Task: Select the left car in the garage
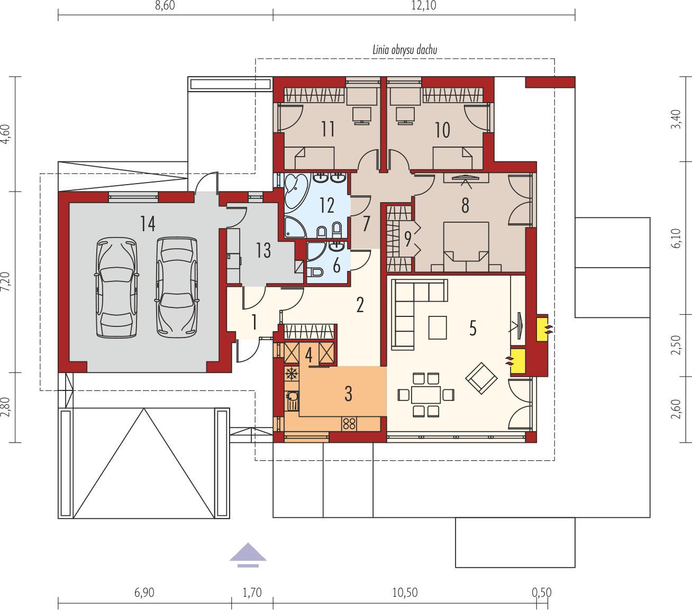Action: point(116,287)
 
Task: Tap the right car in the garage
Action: point(177,287)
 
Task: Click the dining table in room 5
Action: point(426,395)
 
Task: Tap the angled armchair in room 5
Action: point(481,378)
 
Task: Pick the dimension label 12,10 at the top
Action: point(423,6)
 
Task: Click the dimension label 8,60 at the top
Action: point(164,6)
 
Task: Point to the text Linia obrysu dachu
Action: point(404,50)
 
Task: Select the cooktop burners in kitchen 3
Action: point(349,423)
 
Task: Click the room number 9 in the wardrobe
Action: point(407,239)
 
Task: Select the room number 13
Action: point(263,250)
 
